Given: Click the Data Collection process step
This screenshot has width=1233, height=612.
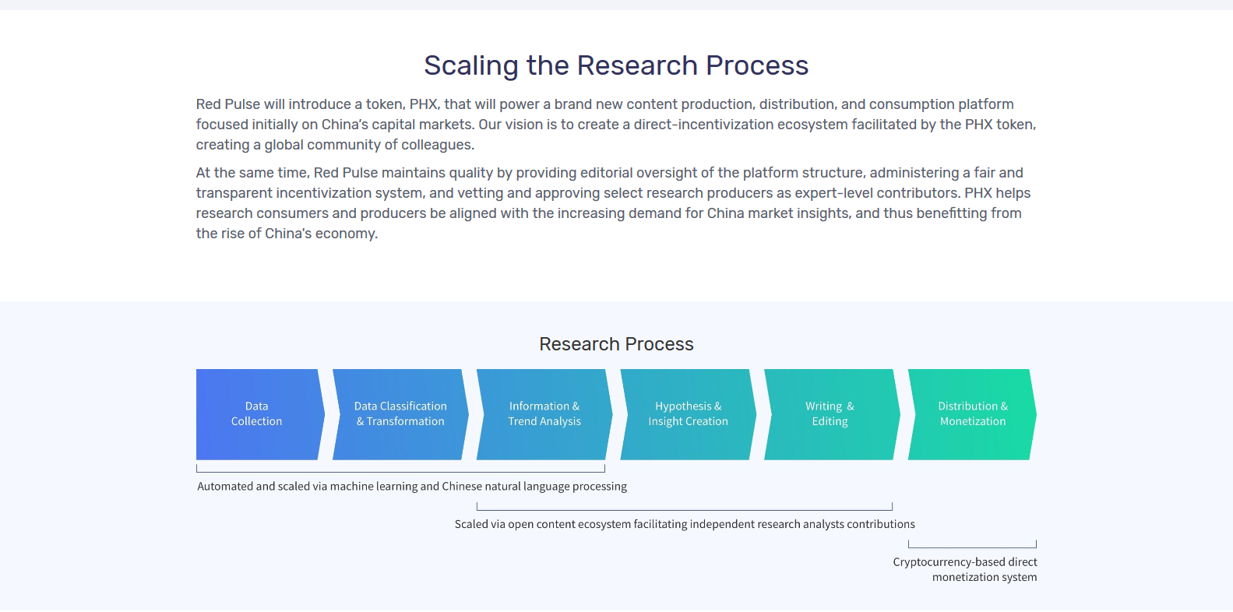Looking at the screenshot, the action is pos(259,414).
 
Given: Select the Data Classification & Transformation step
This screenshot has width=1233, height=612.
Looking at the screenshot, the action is pos(400,414).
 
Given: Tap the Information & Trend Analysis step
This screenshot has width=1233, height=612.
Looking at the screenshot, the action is pos(544,414).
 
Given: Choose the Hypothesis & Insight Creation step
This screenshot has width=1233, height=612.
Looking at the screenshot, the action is pos(688,414).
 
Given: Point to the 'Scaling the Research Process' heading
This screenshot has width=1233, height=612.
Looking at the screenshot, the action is pos(616,65).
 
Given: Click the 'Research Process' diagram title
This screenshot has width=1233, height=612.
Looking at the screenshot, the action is pos(616,344).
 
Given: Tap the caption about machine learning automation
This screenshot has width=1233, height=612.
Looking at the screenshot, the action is pos(412,487).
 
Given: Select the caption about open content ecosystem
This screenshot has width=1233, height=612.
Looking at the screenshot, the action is pos(685,524).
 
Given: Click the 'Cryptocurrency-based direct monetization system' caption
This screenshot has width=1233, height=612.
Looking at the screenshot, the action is pos(965,570).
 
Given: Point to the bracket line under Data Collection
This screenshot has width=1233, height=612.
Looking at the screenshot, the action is pos(400,472).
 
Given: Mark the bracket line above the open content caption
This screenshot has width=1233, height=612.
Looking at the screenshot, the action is pos(684,510).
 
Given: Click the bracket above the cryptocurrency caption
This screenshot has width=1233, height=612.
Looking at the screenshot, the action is pos(972,547).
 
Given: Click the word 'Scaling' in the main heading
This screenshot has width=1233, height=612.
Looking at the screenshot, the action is pos(471,65).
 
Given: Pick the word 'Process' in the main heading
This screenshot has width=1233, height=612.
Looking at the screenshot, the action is pos(757,65).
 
